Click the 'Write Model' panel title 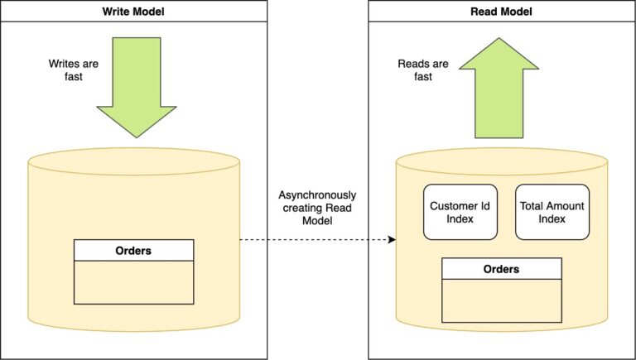[x=133, y=11]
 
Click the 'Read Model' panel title [x=501, y=11]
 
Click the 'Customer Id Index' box [x=460, y=212]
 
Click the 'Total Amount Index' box [x=552, y=212]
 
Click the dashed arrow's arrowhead [x=392, y=240]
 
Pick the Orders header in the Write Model [x=133, y=251]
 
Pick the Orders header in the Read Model [x=501, y=269]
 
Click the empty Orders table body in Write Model [x=133, y=282]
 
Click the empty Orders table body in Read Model [x=501, y=300]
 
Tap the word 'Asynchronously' [x=316, y=194]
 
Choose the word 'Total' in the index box [x=532, y=205]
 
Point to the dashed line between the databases [x=315, y=240]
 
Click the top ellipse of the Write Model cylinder [x=133, y=161]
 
